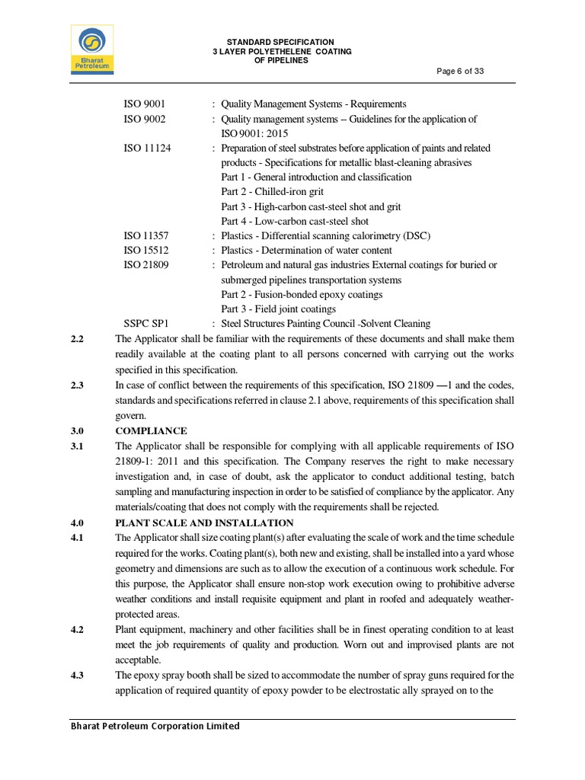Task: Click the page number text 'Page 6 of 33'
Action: (460, 71)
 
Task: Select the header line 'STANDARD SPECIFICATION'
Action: (280, 41)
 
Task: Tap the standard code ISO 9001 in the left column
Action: (145, 104)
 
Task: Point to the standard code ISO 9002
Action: (145, 119)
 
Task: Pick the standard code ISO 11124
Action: (147, 148)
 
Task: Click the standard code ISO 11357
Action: (147, 236)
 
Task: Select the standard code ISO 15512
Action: (147, 251)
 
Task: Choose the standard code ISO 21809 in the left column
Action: (147, 265)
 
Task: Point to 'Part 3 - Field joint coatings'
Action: (278, 309)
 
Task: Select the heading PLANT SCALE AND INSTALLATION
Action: (203, 523)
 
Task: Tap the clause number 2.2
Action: (76, 339)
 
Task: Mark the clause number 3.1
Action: (76, 446)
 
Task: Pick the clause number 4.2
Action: (76, 630)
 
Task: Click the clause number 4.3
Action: (76, 675)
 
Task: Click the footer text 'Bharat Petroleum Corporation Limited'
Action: (155, 726)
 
